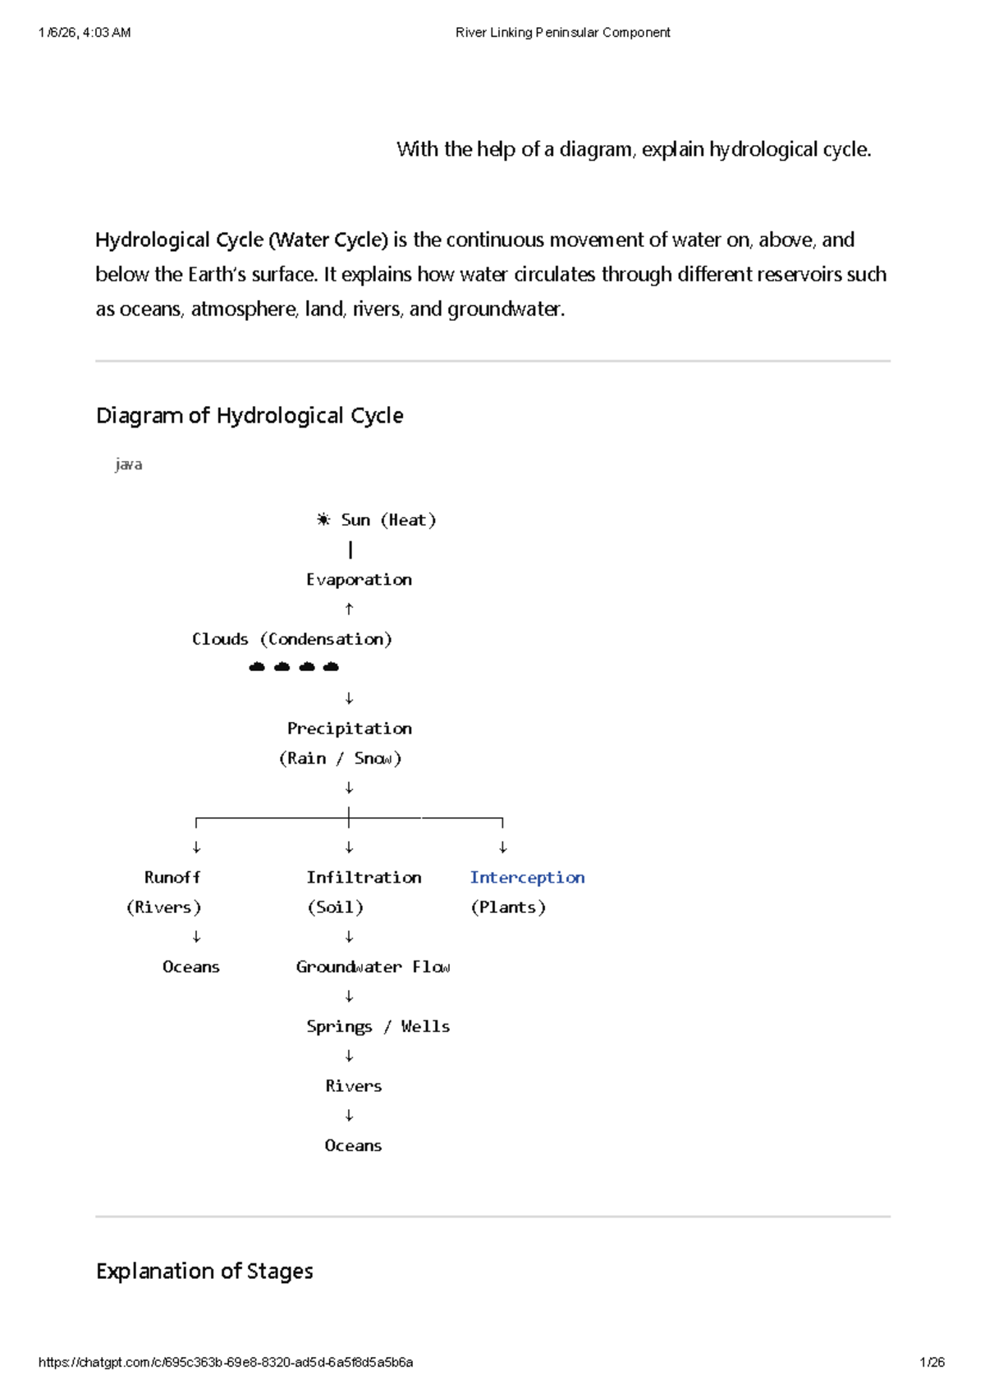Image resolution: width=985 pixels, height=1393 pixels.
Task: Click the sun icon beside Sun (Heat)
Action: point(323,519)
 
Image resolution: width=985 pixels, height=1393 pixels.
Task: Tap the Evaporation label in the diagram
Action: point(359,579)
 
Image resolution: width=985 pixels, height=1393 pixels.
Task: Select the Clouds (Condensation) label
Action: point(291,639)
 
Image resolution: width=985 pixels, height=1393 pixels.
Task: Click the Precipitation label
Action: point(349,728)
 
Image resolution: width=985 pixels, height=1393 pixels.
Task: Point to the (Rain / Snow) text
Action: point(340,758)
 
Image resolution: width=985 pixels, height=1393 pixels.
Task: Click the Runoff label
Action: point(172,877)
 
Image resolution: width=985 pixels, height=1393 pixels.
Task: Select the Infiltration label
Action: point(364,877)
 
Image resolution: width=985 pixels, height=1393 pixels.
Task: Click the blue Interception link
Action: point(527,877)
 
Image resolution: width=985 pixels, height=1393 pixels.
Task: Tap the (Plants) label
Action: point(508,907)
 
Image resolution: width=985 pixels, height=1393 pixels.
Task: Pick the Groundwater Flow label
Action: point(373,966)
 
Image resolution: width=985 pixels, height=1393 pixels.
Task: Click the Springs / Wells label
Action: point(378,1026)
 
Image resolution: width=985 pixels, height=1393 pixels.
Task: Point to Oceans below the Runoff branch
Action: point(190,966)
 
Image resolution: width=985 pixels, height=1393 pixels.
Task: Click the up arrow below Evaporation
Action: point(350,609)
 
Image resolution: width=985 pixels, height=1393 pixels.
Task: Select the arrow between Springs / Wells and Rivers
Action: point(350,1056)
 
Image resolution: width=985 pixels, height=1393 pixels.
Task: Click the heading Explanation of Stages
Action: point(204,1271)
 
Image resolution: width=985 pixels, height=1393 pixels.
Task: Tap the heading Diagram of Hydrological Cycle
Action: point(250,415)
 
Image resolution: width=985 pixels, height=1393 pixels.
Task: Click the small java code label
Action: point(129,464)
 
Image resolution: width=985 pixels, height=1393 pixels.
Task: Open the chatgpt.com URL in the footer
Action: point(226,1363)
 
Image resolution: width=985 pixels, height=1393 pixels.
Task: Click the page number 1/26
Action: point(932,1363)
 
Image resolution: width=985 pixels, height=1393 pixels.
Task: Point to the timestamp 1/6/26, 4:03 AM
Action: point(85,33)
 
